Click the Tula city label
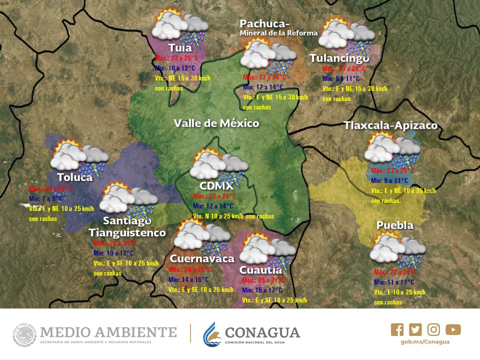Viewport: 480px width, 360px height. click(180, 48)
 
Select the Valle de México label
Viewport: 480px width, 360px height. click(216, 123)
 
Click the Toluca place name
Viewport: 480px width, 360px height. click(74, 177)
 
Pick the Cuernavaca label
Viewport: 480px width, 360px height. click(202, 258)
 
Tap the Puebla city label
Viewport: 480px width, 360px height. click(395, 225)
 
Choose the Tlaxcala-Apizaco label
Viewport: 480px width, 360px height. click(390, 125)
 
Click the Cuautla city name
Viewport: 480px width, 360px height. click(261, 270)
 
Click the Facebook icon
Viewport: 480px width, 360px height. click(397, 329)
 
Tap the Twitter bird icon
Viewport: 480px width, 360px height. click(415, 329)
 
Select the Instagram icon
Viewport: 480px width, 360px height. click(434, 329)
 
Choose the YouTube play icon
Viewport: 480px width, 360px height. click(453, 329)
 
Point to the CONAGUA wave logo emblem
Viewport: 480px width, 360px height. click(212, 334)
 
